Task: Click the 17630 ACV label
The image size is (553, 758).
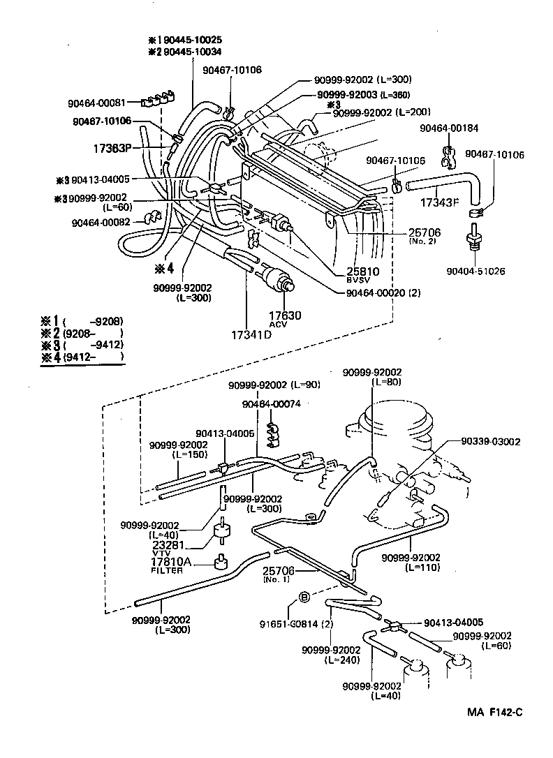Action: tap(286, 318)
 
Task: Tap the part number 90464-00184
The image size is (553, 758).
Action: tap(448, 128)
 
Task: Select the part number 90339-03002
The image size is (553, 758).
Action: tap(490, 442)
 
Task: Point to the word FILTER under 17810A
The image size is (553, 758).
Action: tap(167, 570)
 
